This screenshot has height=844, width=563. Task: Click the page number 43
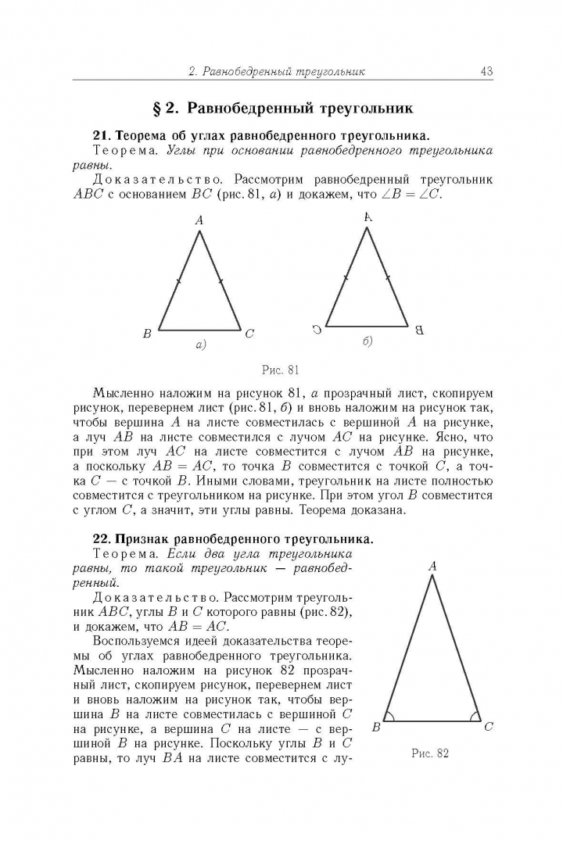click(x=486, y=72)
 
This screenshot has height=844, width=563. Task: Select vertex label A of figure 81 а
click(x=199, y=221)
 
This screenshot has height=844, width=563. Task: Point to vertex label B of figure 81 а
click(x=146, y=334)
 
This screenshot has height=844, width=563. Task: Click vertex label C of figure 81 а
click(x=249, y=334)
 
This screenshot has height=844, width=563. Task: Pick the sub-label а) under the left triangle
click(x=199, y=344)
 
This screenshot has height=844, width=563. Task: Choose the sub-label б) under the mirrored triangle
click(x=367, y=341)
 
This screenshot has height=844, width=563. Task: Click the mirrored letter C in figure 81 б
click(x=315, y=330)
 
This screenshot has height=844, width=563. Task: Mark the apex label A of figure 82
click(x=432, y=566)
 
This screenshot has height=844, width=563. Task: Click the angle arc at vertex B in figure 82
click(x=389, y=717)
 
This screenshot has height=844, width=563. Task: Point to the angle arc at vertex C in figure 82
click(x=474, y=717)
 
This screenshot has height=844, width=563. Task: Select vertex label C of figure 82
click(x=488, y=728)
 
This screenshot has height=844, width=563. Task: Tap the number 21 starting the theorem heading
click(x=100, y=134)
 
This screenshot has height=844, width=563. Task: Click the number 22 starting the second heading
click(x=100, y=538)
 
